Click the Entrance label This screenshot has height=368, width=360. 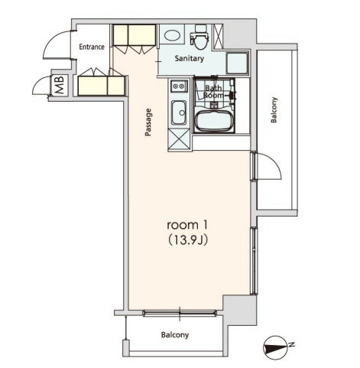click(x=92, y=47)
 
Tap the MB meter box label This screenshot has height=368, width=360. click(x=60, y=85)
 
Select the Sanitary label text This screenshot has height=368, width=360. click(x=190, y=58)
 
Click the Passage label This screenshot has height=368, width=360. click(x=148, y=122)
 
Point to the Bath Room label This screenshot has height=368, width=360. click(x=213, y=92)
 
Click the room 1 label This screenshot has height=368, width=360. click(x=187, y=225)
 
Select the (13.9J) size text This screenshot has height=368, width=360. click(x=188, y=239)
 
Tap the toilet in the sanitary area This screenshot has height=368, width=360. click(x=199, y=37)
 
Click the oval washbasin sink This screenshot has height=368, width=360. click(x=172, y=35)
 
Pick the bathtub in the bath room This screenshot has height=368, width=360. click(x=215, y=122)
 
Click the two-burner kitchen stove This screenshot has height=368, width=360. click(x=179, y=86)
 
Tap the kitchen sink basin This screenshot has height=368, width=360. click(x=179, y=112)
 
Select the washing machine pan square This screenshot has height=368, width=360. click(x=237, y=64)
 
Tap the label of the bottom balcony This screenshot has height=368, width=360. click(x=175, y=335)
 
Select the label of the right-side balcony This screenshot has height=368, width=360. click(x=274, y=110)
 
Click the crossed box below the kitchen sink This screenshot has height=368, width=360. click(x=179, y=138)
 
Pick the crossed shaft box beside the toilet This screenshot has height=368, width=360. click(x=218, y=36)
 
